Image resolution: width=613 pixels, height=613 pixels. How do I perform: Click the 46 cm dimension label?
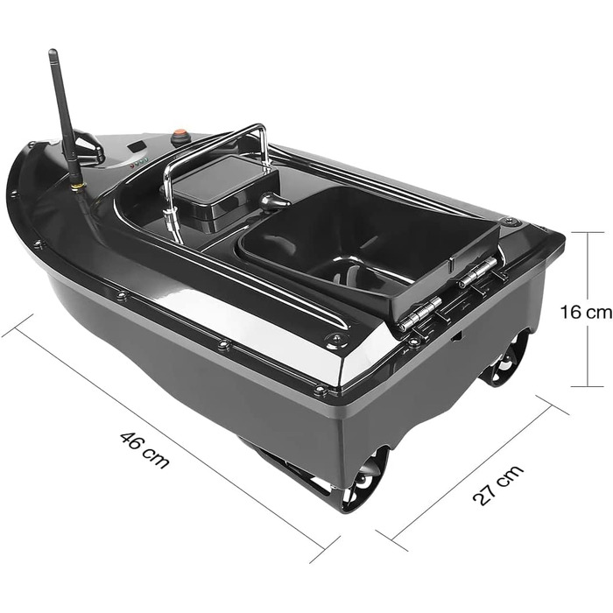click(x=144, y=449)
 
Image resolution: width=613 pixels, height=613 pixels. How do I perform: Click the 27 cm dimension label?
click(x=497, y=485)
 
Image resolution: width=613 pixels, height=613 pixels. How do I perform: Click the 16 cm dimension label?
click(x=586, y=313)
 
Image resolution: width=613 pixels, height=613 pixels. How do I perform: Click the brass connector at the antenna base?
click(x=78, y=187)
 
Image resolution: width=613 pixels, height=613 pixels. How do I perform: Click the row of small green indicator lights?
click(x=139, y=162)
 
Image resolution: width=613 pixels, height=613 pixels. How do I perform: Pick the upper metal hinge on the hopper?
click(x=479, y=271)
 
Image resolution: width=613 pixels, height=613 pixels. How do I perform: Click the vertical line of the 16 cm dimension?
click(x=588, y=309)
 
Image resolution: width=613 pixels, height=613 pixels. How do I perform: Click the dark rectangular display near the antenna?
click(x=136, y=148)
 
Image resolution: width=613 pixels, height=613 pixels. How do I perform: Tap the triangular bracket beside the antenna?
click(x=88, y=144)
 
